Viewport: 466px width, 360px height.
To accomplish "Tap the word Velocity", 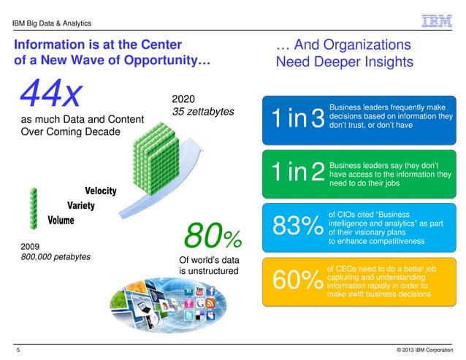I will point(100,191).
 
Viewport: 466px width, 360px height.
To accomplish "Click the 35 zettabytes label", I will point(202,112).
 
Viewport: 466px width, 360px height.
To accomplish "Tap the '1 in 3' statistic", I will point(297,121).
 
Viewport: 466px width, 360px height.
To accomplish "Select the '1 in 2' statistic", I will point(297,172).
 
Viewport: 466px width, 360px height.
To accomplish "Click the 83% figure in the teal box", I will point(297,226).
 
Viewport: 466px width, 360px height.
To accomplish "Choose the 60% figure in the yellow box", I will point(297,279).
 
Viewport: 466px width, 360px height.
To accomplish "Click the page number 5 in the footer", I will point(18,351).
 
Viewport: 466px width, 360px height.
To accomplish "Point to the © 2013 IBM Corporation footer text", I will point(420,351).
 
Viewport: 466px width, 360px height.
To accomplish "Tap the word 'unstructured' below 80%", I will point(209,271).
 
